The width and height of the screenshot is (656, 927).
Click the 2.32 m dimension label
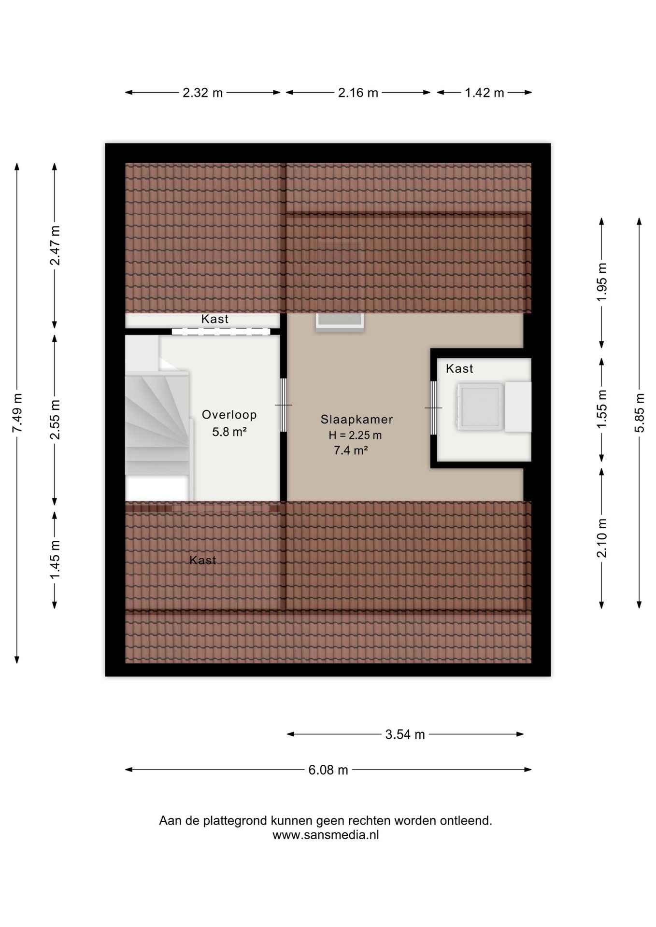coord(202,93)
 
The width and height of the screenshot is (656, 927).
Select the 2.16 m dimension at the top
coord(358,93)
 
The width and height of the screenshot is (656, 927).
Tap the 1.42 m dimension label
coord(485,93)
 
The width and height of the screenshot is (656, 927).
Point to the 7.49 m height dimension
coord(17,413)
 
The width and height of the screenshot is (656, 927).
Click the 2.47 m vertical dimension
coord(55,245)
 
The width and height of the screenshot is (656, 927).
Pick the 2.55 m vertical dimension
coord(55,420)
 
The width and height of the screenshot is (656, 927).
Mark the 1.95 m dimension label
coord(602,282)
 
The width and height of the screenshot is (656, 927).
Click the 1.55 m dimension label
coord(602,408)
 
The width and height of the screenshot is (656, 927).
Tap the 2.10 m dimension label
coord(602,538)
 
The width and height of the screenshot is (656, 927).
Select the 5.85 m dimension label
coord(640,413)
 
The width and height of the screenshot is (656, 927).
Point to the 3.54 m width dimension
coord(405,734)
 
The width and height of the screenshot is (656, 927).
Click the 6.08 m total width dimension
coord(328,770)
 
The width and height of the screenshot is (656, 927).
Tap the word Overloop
coord(229,415)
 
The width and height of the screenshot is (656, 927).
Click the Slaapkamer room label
coord(357,420)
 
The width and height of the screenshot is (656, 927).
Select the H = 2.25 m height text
coord(355,435)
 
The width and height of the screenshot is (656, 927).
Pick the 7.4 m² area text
coord(351,450)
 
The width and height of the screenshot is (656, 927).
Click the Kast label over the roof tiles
coord(202,560)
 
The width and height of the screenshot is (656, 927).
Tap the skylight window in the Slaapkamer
coord(340,322)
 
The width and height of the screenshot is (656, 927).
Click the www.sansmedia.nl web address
coord(326,835)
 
